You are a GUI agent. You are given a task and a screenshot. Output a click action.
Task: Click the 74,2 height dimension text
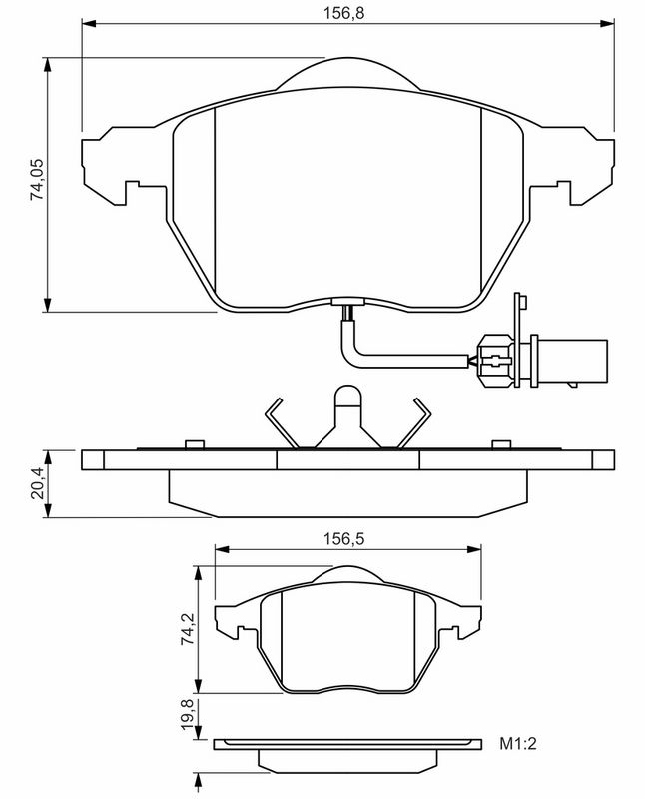click(x=186, y=631)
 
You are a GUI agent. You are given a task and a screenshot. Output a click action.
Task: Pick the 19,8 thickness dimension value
click(x=186, y=717)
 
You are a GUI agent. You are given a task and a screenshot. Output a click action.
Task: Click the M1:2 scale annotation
click(x=520, y=744)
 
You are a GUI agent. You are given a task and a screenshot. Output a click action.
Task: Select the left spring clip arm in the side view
click(x=281, y=425)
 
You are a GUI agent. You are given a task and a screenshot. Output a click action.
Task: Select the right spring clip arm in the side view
click(x=412, y=425)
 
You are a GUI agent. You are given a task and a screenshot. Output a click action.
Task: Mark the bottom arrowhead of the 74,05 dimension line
click(x=47, y=304)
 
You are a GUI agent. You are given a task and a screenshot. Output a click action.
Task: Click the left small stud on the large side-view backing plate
click(x=193, y=443)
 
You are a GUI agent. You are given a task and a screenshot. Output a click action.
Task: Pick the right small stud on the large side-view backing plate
click(x=498, y=443)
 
